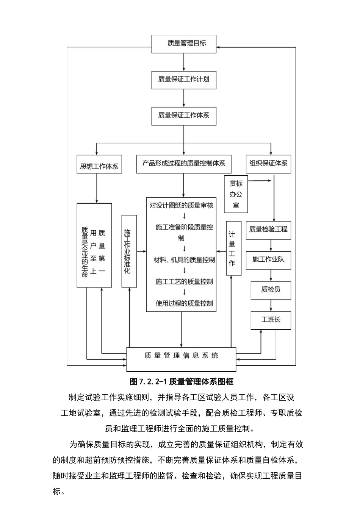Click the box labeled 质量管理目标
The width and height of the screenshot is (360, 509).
[184, 44]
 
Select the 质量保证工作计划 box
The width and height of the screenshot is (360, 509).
[184, 80]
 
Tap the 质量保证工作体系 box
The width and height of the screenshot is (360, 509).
[184, 116]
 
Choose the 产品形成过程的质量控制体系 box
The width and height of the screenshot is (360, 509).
[184, 164]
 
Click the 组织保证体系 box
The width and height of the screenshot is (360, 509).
[268, 164]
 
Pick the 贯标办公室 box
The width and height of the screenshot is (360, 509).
[236, 194]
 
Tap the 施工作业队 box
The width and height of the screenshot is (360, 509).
[268, 260]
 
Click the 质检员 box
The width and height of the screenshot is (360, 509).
[271, 290]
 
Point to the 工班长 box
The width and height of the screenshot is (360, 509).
[271, 320]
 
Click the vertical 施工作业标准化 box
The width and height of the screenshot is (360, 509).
[129, 251]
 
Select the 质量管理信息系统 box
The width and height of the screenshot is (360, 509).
[181, 359]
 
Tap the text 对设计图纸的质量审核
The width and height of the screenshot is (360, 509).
[182, 206]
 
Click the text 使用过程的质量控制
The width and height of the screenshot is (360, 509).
[184, 303]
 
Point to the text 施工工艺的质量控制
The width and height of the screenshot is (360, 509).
[184, 282]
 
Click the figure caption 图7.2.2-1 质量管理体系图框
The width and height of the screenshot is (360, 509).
[182, 381]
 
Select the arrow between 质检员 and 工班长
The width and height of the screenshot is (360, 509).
[271, 305]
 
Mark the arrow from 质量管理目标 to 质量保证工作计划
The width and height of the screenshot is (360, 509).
[184, 62]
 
